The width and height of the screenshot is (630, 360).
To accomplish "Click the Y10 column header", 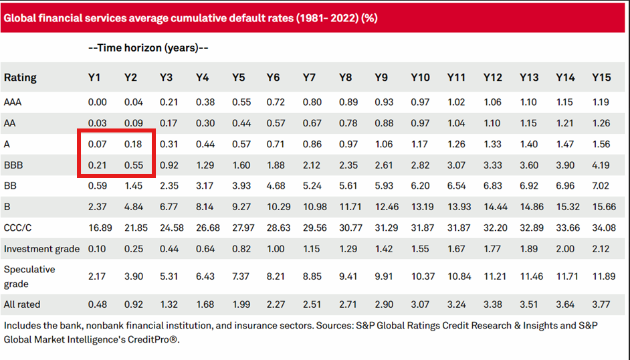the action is (x=420, y=78).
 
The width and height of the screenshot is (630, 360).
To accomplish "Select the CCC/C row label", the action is (x=17, y=228).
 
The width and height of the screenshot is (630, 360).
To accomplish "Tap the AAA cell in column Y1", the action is (x=97, y=102).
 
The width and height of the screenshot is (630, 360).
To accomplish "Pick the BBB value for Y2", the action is (x=134, y=165).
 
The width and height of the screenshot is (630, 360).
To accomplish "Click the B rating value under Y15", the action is (x=604, y=207).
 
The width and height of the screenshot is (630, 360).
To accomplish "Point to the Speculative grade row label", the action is (x=29, y=276).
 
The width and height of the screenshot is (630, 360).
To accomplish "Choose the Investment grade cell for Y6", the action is (x=276, y=249).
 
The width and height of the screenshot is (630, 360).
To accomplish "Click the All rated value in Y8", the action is (x=348, y=304).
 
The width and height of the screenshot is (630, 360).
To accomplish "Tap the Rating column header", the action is (x=20, y=78).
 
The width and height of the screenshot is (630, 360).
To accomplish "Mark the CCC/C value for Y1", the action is (x=100, y=228).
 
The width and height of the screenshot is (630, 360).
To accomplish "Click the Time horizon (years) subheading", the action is (x=148, y=48).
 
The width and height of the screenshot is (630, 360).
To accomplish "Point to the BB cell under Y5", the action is (x=241, y=186).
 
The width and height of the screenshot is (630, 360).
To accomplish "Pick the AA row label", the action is (x=9, y=123).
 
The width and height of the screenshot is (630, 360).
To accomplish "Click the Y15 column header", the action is (x=601, y=78).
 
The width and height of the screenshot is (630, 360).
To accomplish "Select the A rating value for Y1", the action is (x=97, y=145).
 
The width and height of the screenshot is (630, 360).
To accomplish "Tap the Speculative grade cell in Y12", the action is (x=495, y=276).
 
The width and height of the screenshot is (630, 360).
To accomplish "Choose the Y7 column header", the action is (x=309, y=78).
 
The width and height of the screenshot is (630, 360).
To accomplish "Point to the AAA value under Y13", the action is (x=528, y=102).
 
